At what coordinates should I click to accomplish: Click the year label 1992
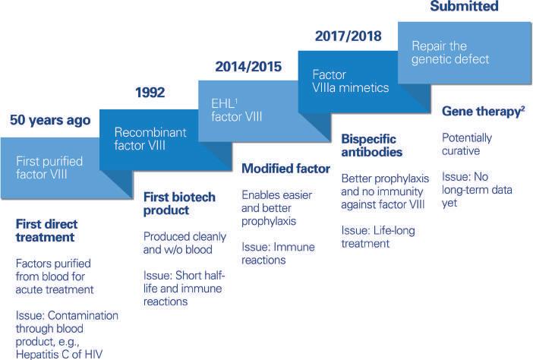pos(150,93)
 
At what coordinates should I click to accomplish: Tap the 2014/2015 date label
pos(248,67)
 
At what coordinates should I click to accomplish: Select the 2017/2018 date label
pos(348,36)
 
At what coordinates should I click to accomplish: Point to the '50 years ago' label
pos(50,120)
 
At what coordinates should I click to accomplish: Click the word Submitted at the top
pos(465,6)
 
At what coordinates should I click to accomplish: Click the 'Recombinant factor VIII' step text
pos(150,139)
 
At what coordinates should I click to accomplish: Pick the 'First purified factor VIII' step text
pos(49,168)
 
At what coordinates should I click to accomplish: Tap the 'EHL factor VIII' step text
pos(237,110)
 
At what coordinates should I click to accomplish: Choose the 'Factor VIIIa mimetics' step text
pos(351,81)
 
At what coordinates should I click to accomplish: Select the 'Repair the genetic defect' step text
pos(450,52)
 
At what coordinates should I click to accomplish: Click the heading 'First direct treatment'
pos(46,230)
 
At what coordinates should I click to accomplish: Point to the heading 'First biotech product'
pos(179,204)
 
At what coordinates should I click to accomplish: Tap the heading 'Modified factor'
pos(285,169)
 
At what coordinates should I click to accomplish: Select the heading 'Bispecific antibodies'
pos(372,146)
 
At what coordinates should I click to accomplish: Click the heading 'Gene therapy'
pos(481,112)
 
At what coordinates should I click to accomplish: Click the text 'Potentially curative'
pos(467,144)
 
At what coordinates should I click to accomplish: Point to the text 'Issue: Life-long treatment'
pos(378,237)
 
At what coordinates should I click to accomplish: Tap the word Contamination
pos(83,315)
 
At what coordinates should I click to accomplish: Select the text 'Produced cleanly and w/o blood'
pos(184,243)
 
